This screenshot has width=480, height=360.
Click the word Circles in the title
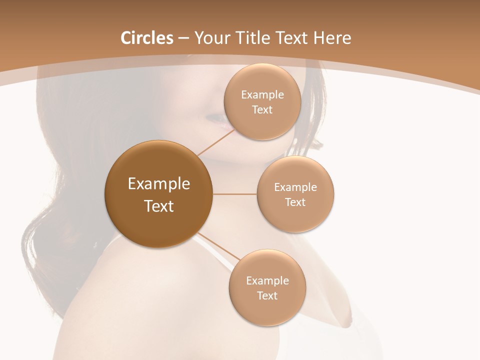click(x=146, y=38)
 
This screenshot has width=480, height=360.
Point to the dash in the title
click(x=183, y=38)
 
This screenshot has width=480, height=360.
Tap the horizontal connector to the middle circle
click(x=234, y=194)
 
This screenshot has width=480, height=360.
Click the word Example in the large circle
click(x=159, y=184)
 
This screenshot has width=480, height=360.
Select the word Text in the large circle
click(x=159, y=206)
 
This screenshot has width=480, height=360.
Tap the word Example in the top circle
click(x=262, y=95)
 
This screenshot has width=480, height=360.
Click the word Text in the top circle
click(x=262, y=110)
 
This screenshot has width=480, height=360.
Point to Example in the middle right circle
click(x=295, y=187)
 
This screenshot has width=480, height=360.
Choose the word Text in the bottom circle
click(x=267, y=295)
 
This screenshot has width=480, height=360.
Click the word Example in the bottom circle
click(x=267, y=281)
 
